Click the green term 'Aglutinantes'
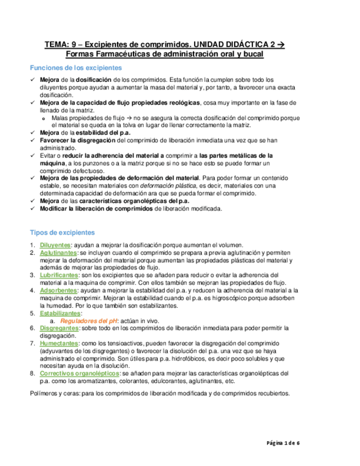(x=58, y=253)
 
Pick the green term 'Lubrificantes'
(x=59, y=275)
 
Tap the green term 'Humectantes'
(x=58, y=342)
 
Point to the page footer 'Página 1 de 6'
(x=285, y=443)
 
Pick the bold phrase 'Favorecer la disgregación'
(x=75, y=140)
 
